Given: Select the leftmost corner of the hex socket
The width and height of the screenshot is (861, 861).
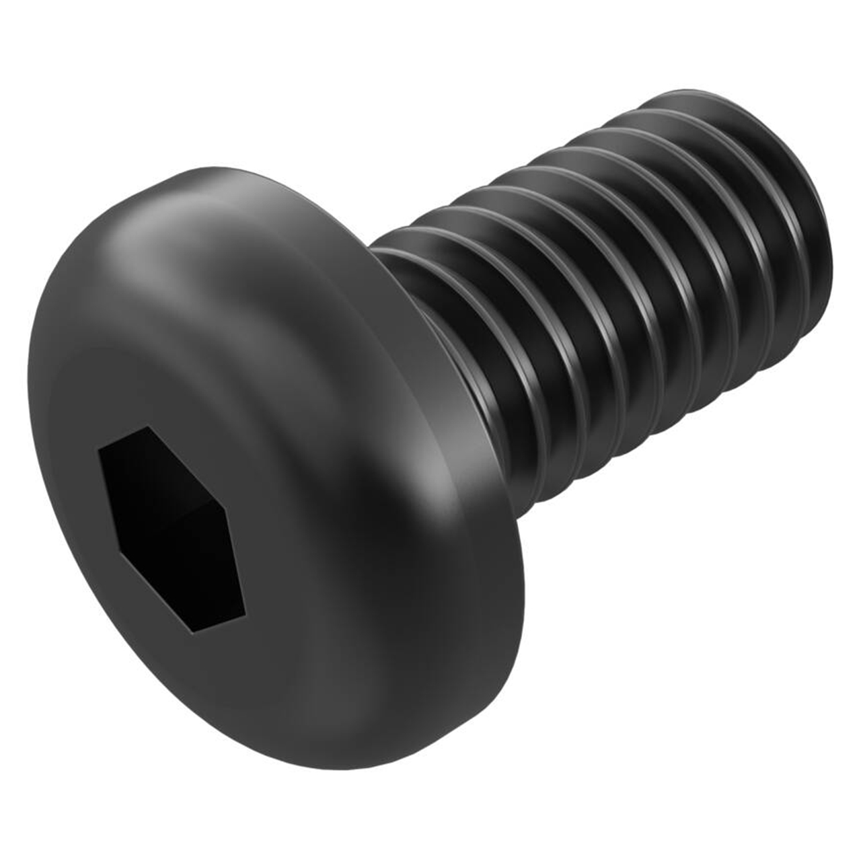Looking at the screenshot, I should (100, 449).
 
